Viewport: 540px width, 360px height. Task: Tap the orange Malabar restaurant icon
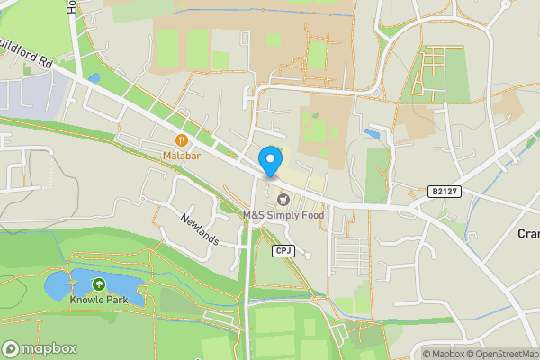click(x=182, y=140)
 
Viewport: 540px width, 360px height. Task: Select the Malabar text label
click(x=182, y=156)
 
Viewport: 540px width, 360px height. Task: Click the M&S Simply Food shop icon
click(x=283, y=199)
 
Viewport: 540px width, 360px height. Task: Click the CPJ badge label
click(x=283, y=250)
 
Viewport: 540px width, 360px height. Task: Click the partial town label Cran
click(x=527, y=233)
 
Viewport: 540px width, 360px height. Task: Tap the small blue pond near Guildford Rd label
click(x=94, y=77)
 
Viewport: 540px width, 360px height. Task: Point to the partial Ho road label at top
click(x=71, y=7)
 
